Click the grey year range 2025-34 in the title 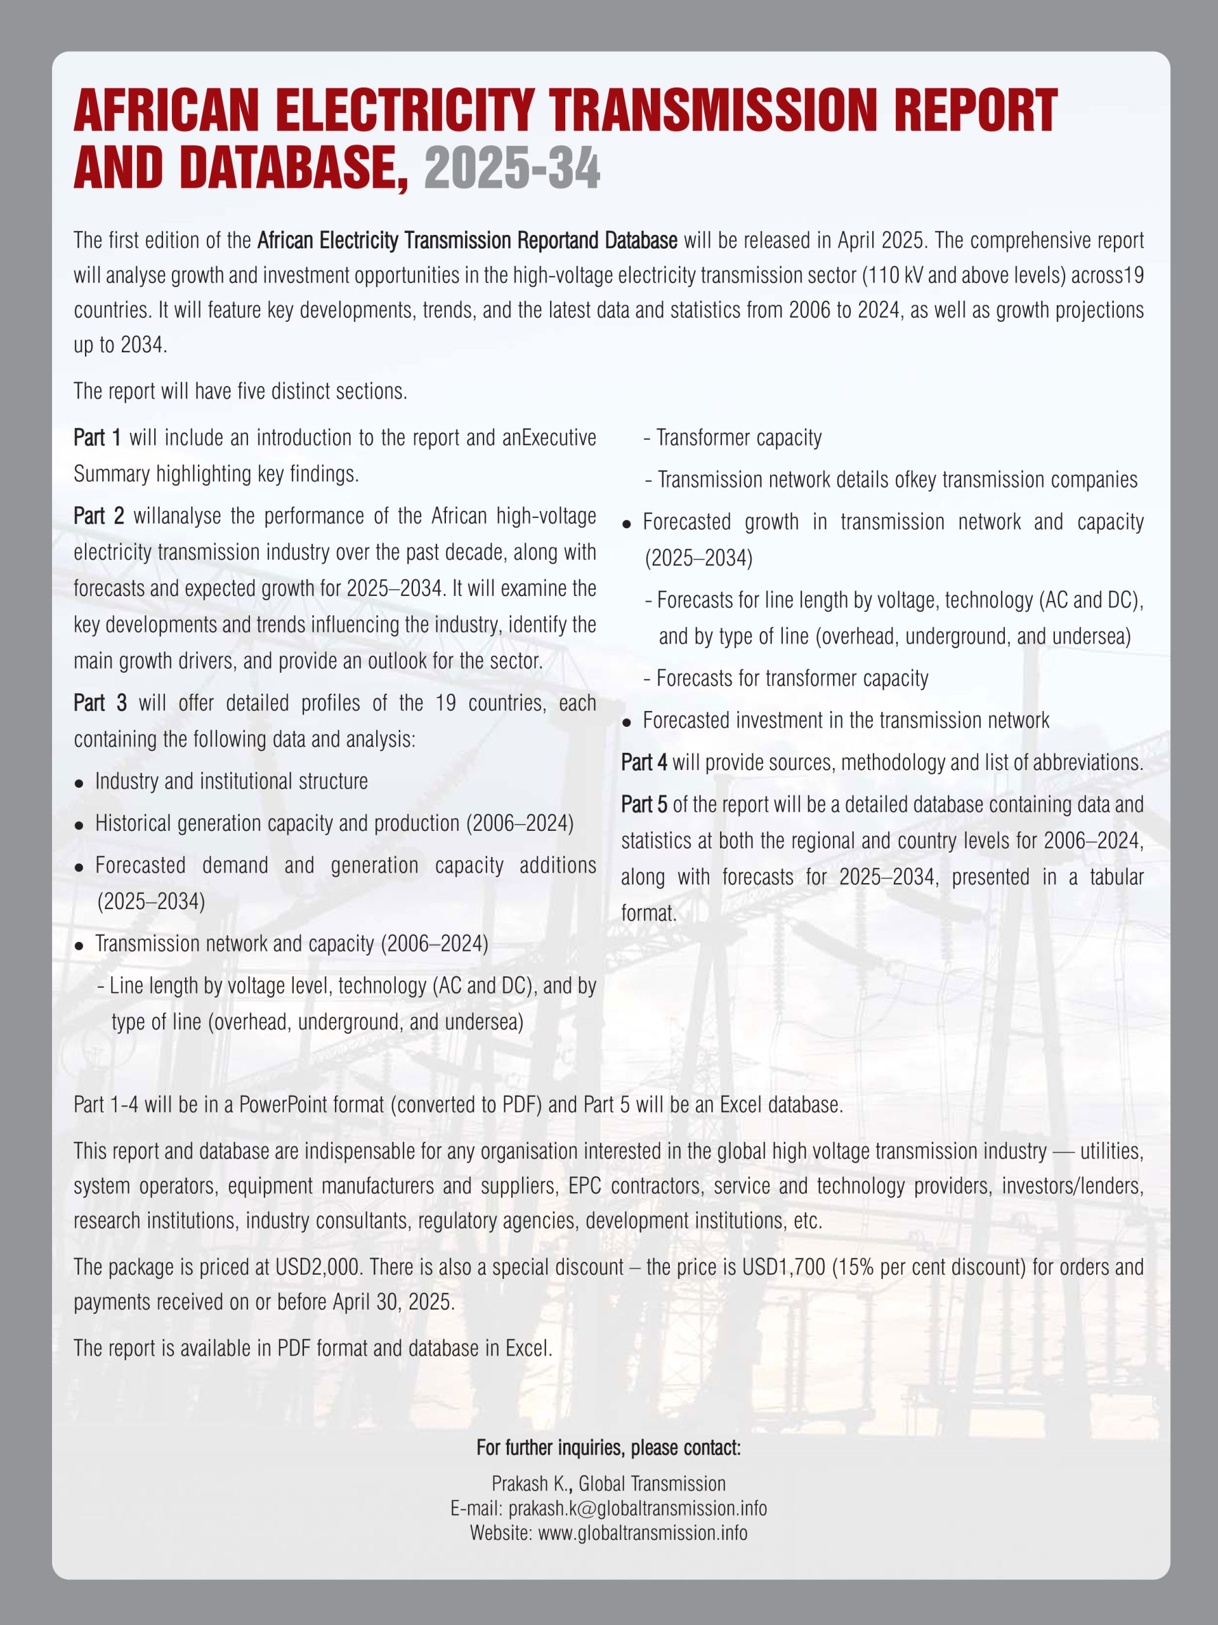point(512,168)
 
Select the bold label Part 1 point(98,438)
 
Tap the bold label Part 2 point(99,515)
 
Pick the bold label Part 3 point(100,703)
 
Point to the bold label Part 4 point(644,762)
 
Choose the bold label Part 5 point(644,804)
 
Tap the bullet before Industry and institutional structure point(79,783)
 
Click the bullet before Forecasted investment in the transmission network point(626,723)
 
